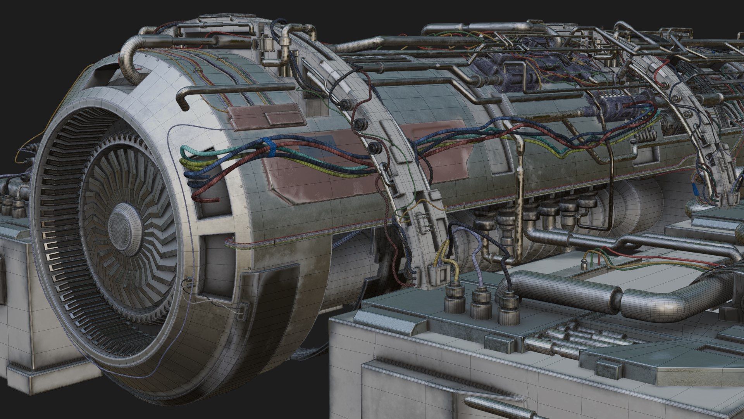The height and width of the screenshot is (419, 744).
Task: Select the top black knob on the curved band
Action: point(344,103)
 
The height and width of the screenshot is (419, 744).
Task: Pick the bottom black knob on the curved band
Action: point(374,147)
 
